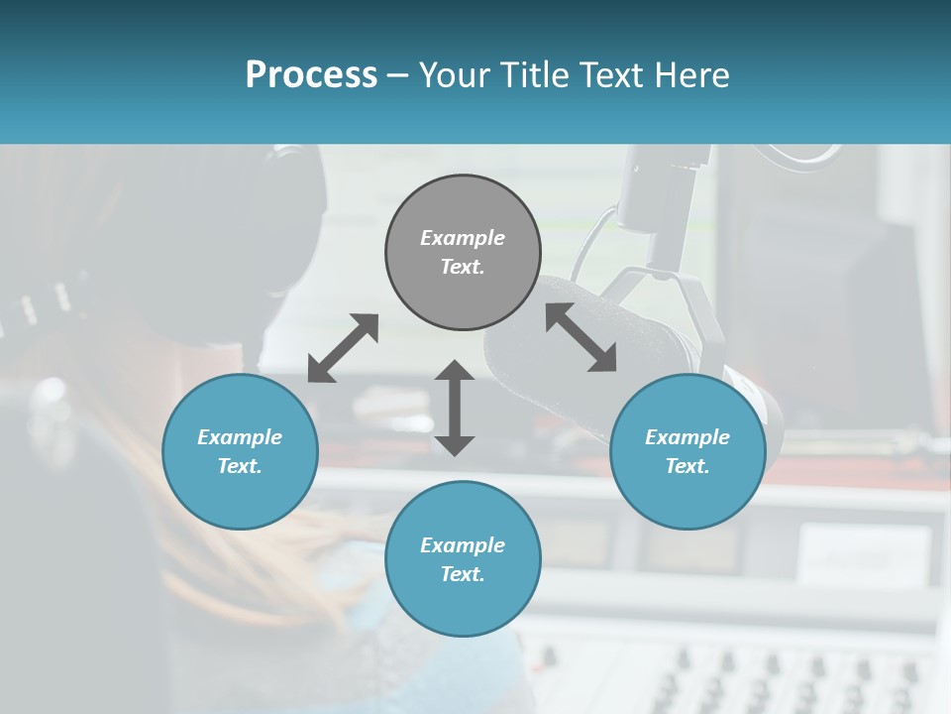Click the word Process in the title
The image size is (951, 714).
click(x=311, y=75)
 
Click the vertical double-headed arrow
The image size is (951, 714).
click(x=455, y=408)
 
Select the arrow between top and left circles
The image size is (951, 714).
click(x=343, y=347)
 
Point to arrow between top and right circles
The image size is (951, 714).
click(x=581, y=337)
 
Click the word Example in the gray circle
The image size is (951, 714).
click(x=463, y=238)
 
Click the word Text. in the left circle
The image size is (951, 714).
click(x=240, y=466)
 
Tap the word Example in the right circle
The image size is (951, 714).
click(x=687, y=437)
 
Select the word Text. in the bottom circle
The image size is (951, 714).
click(x=463, y=574)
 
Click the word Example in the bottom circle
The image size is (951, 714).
click(x=463, y=545)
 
